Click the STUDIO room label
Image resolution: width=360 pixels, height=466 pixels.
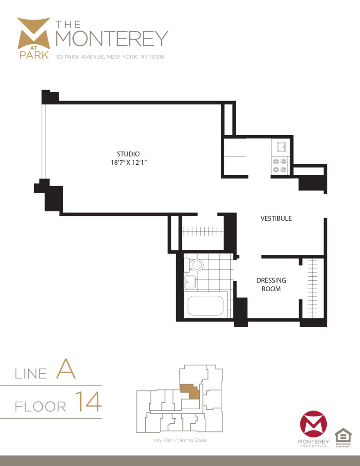click(x=128, y=154)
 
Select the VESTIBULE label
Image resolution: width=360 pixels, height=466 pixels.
click(x=276, y=218)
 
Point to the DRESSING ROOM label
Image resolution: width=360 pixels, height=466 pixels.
click(x=271, y=284)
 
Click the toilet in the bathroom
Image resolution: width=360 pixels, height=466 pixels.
click(x=196, y=265)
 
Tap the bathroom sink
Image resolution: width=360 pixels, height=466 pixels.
click(x=190, y=282)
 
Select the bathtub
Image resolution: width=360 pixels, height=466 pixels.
click(x=206, y=306)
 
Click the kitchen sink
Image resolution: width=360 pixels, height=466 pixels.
click(x=281, y=147)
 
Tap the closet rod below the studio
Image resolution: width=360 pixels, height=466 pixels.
click(x=203, y=232)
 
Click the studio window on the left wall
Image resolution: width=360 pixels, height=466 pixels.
click(x=44, y=141)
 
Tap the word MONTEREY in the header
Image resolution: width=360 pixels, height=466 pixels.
click(x=112, y=38)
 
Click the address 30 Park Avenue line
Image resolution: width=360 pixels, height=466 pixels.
click(x=110, y=57)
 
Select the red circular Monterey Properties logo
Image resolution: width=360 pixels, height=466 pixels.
click(x=313, y=424)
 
